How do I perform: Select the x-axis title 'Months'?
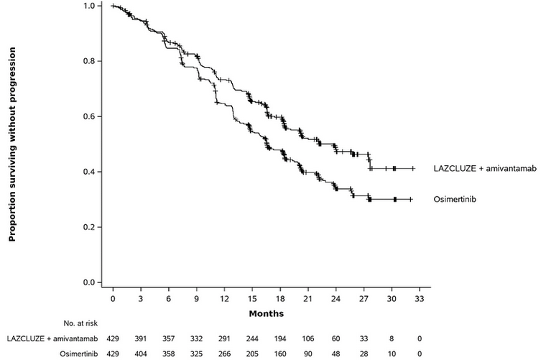[267, 313]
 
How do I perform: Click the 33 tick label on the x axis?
[419, 297]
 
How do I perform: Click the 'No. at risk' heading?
[84, 323]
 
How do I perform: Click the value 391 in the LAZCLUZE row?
[141, 338]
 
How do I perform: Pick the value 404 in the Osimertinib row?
[141, 353]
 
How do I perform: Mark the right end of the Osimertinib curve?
[412, 199]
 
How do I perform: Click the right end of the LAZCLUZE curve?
[415, 168]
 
